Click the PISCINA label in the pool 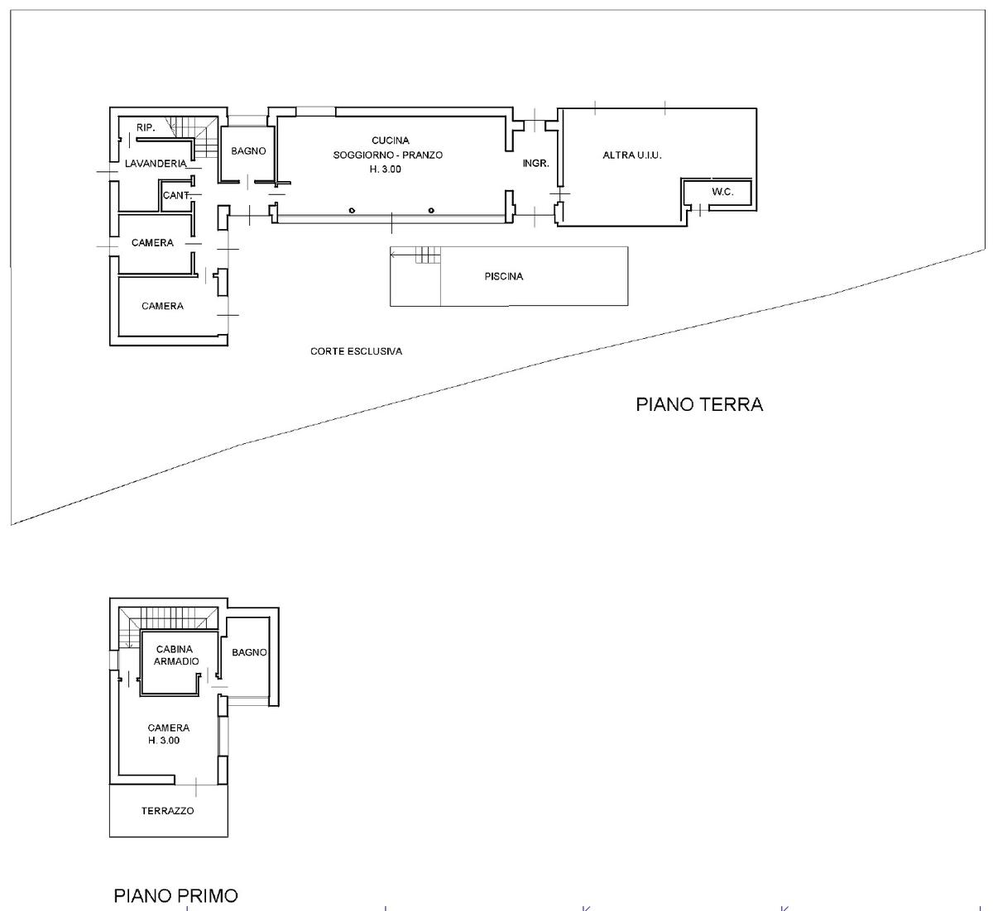click(x=503, y=276)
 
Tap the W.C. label click(x=722, y=192)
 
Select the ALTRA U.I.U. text click(x=631, y=155)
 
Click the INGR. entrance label click(x=535, y=163)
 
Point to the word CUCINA click(x=390, y=141)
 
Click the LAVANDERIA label click(x=156, y=164)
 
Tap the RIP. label click(x=146, y=127)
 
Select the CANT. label click(x=177, y=195)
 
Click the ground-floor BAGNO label click(x=248, y=150)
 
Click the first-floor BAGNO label click(x=249, y=652)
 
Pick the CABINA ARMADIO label click(x=175, y=655)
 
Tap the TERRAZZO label click(x=167, y=811)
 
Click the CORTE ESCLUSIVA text click(x=356, y=351)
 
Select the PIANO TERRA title click(x=699, y=404)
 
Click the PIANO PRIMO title click(x=175, y=895)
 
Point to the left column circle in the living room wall click(x=352, y=211)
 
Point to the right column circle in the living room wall click(x=431, y=211)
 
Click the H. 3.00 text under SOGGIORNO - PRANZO click(x=385, y=169)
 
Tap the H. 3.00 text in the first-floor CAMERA click(x=163, y=741)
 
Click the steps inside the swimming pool click(x=428, y=255)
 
